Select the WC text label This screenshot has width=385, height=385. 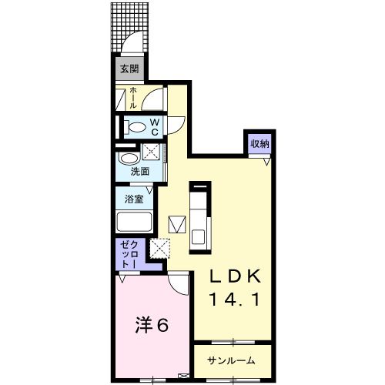pyautogui.click(x=154, y=127)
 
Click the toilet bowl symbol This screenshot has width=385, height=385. pyautogui.click(x=136, y=127)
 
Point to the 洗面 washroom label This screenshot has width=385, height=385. pyautogui.click(x=139, y=172)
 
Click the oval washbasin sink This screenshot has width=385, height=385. pyautogui.click(x=128, y=159)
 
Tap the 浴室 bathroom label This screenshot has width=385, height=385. pyautogui.click(x=134, y=199)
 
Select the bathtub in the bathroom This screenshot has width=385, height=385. pyautogui.click(x=135, y=223)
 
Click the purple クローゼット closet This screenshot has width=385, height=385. pyautogui.click(x=127, y=255)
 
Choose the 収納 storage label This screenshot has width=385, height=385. pyautogui.click(x=259, y=144)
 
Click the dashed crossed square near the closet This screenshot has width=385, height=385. pyautogui.click(x=160, y=248)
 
